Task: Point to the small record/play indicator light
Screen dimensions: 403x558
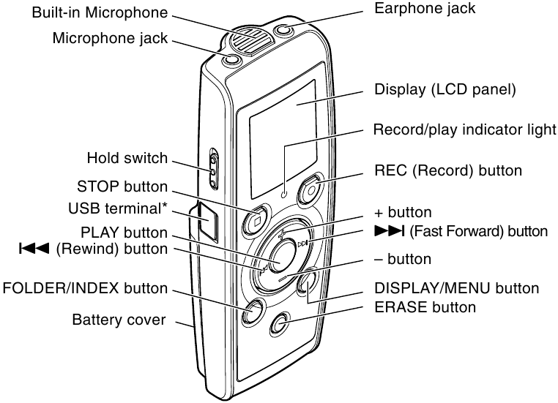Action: (284, 195)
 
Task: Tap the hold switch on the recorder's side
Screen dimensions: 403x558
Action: (213, 167)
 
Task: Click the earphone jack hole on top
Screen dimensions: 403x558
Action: (286, 31)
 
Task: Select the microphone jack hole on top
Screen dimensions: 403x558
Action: (231, 59)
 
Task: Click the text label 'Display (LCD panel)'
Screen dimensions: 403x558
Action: (445, 90)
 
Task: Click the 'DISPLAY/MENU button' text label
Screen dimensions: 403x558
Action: (456, 287)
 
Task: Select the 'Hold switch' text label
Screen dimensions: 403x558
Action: (127, 158)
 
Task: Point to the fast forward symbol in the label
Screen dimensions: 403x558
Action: (388, 231)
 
